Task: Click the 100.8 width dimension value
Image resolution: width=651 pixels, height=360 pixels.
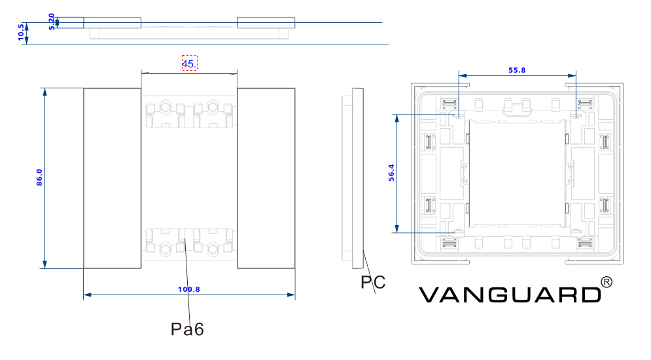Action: point(189,289)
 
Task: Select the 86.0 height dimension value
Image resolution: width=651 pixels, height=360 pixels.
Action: point(39,177)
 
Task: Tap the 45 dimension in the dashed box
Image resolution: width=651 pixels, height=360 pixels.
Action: point(189,63)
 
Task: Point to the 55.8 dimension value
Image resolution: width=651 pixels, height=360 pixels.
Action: point(517,70)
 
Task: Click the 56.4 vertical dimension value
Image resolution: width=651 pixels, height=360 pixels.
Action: point(391,172)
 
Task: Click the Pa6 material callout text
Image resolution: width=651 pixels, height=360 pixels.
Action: point(188,329)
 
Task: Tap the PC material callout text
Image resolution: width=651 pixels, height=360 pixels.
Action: point(373,283)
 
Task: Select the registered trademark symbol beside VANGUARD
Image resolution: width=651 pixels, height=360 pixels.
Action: point(607,282)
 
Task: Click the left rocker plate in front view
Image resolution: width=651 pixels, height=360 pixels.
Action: point(112,178)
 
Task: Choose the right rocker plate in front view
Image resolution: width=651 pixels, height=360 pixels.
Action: point(266,178)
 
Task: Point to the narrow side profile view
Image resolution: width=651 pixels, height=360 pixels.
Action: point(357,178)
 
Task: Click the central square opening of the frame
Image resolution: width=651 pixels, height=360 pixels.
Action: point(516,173)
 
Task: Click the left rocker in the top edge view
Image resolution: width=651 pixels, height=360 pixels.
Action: point(112,23)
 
